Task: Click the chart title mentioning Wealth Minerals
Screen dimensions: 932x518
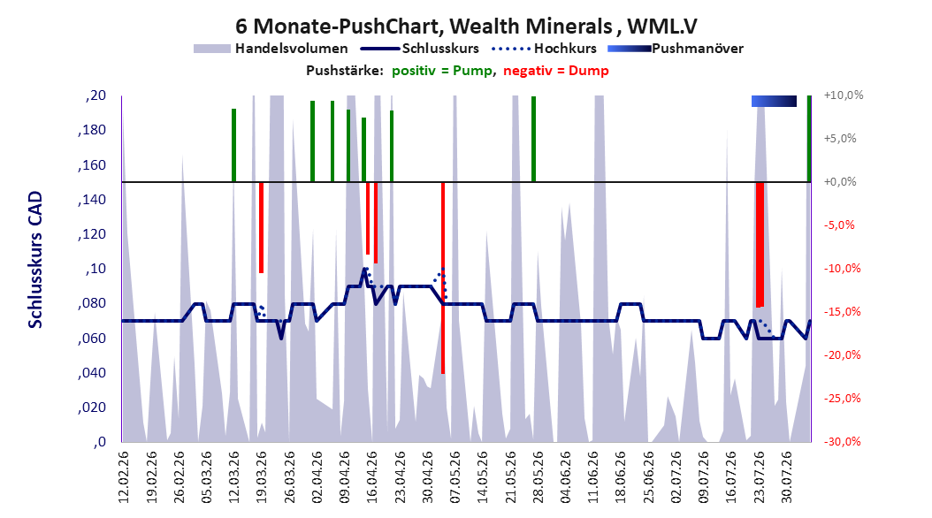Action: coord(466,27)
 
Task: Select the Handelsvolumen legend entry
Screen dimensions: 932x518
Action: coord(271,49)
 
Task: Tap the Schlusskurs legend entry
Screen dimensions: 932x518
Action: coord(420,49)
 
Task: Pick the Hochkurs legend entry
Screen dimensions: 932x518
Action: coord(544,49)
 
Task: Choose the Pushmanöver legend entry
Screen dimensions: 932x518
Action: coord(676,49)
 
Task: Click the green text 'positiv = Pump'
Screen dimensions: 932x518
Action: coord(441,71)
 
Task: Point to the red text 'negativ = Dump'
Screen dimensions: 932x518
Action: coord(556,71)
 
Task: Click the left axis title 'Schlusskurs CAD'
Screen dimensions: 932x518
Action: coord(35,260)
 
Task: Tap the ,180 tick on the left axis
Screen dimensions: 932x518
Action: coord(92,130)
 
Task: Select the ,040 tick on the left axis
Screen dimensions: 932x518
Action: coord(92,373)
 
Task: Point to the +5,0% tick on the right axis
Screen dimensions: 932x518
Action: coord(840,139)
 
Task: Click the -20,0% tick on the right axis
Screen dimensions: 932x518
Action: coord(842,355)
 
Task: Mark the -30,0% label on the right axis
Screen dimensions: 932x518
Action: coord(842,442)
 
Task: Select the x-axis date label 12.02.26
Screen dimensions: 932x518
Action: coord(124,477)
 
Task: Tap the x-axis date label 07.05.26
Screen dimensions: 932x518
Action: coord(455,477)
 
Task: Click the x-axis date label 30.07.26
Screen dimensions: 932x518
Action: coord(787,477)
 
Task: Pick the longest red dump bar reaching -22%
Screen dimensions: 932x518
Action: coord(443,278)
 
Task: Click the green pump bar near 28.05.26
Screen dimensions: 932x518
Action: coord(534,139)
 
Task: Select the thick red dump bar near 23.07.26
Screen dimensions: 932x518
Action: coord(760,244)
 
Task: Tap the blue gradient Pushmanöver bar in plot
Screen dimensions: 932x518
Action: coord(774,102)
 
